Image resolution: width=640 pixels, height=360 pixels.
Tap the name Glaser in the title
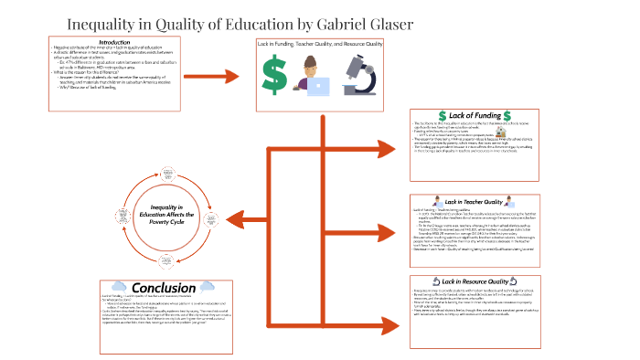coord(388,24)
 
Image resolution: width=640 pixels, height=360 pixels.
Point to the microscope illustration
coord(363,75)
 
